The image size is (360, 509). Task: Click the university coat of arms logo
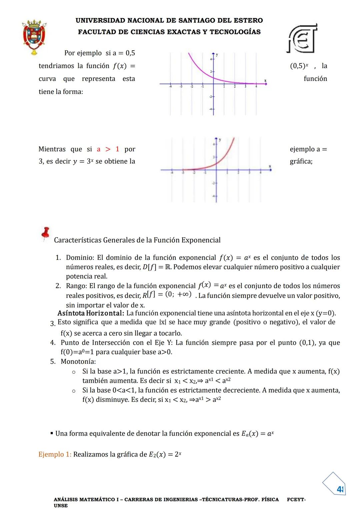pyautogui.click(x=34, y=36)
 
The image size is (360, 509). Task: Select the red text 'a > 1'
pyautogui.click(x=108, y=149)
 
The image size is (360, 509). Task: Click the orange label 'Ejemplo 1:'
pyautogui.click(x=55, y=454)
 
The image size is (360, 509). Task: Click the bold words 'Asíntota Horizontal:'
pyautogui.click(x=91, y=313)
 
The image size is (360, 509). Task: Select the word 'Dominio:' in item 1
pyautogui.click(x=80, y=257)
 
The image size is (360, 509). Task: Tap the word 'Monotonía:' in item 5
pyautogui.click(x=78, y=361)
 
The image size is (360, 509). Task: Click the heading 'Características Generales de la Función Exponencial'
pyautogui.click(x=137, y=240)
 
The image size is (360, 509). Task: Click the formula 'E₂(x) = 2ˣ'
pyautogui.click(x=165, y=454)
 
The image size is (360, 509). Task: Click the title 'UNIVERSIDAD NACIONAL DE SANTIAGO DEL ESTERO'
pyautogui.click(x=169, y=20)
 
